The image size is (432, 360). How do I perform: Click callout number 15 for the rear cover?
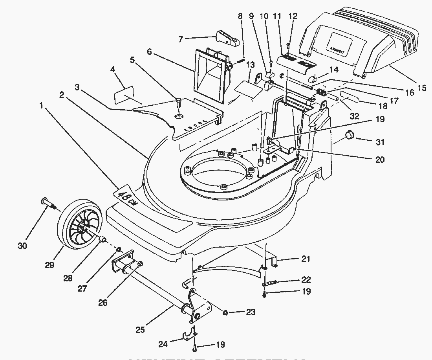coord(422,88)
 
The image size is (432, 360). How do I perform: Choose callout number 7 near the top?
coord(181,39)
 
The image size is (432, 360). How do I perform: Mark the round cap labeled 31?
coord(348,136)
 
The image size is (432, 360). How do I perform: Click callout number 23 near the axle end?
coord(251,312)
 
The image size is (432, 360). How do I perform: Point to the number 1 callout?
coord(41,106)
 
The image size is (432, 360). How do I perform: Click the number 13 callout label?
coord(250,65)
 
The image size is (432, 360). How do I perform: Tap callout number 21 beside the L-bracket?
coord(306,259)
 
